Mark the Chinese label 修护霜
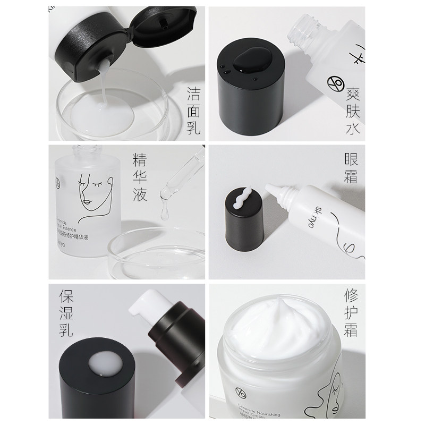click(351, 314)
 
